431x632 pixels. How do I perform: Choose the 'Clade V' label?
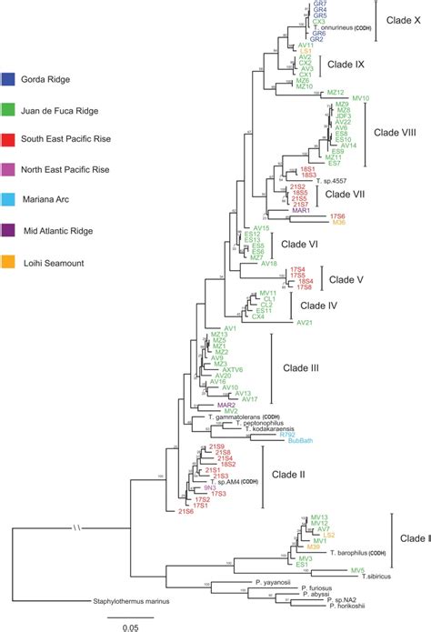(345, 278)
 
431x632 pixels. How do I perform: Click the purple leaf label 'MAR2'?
(227, 404)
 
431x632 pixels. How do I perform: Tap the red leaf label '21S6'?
(186, 512)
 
